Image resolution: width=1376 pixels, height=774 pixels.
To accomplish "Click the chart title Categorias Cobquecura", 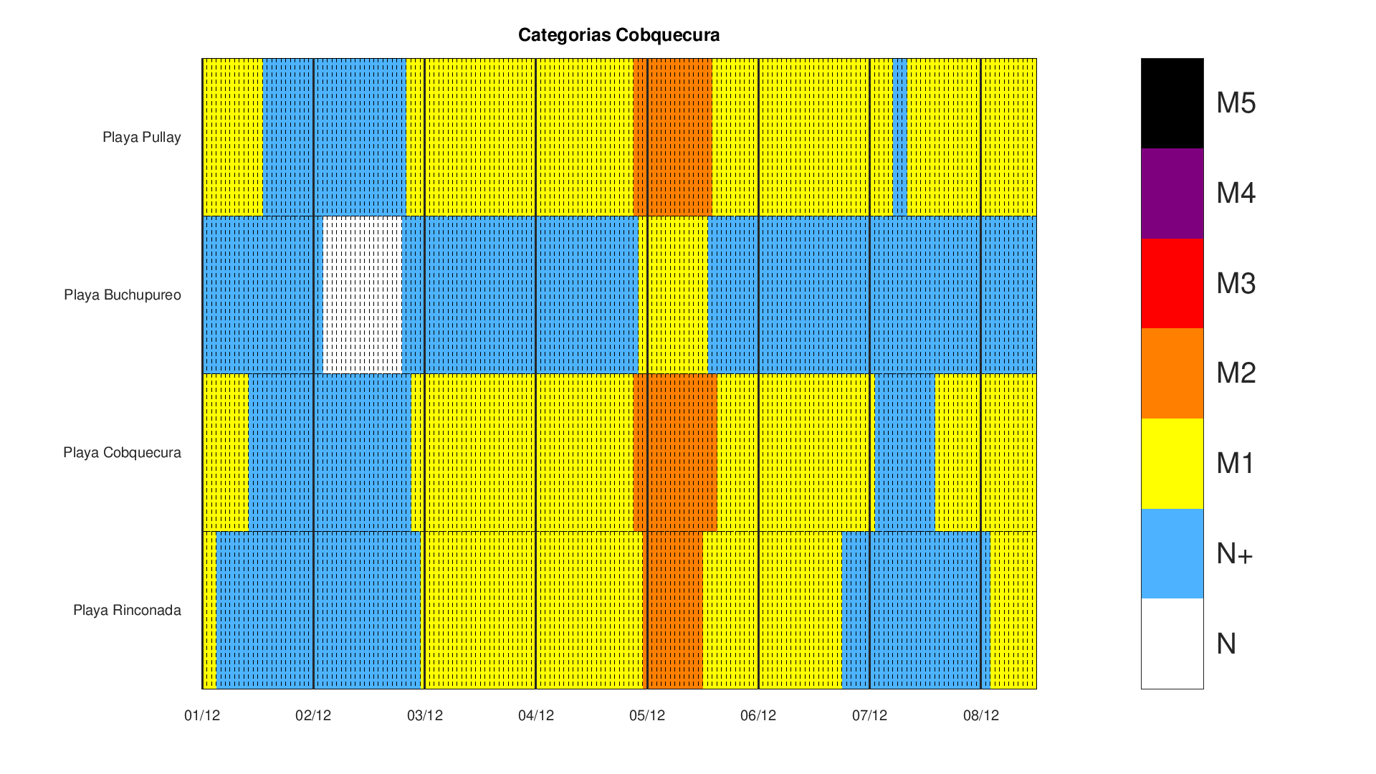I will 618,35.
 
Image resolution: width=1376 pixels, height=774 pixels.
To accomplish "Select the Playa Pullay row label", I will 141,137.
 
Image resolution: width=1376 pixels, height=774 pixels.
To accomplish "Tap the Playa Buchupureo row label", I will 122,295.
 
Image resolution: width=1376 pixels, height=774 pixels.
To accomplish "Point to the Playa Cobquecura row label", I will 122,452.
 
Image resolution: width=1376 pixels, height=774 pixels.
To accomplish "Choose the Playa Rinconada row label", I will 127,610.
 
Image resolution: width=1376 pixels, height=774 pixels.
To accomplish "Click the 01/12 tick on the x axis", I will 202,715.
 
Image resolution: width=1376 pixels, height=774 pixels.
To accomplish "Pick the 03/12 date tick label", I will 425,715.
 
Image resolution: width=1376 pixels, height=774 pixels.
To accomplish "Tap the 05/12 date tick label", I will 647,715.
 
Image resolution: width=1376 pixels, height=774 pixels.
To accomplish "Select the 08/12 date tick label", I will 980,715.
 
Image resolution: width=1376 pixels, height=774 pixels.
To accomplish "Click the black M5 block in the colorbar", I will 1172,103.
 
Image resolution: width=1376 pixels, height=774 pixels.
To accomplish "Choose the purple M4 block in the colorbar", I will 1172,193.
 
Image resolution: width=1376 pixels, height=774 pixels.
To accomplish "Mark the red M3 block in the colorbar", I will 1172,283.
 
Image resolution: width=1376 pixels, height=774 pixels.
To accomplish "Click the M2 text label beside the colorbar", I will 1236,373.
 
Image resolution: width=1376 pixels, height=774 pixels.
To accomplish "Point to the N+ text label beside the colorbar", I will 1234,553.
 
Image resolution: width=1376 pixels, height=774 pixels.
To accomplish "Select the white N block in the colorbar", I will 1172,644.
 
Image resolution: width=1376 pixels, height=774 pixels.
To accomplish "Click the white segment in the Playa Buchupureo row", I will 363,295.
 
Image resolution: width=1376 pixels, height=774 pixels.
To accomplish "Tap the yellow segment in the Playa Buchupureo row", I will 673,295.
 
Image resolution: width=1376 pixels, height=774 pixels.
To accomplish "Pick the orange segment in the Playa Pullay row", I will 672,137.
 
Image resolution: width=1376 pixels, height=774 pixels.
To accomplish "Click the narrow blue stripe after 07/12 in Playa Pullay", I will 899,137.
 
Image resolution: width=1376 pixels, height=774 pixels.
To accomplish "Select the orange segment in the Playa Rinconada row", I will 675,610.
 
